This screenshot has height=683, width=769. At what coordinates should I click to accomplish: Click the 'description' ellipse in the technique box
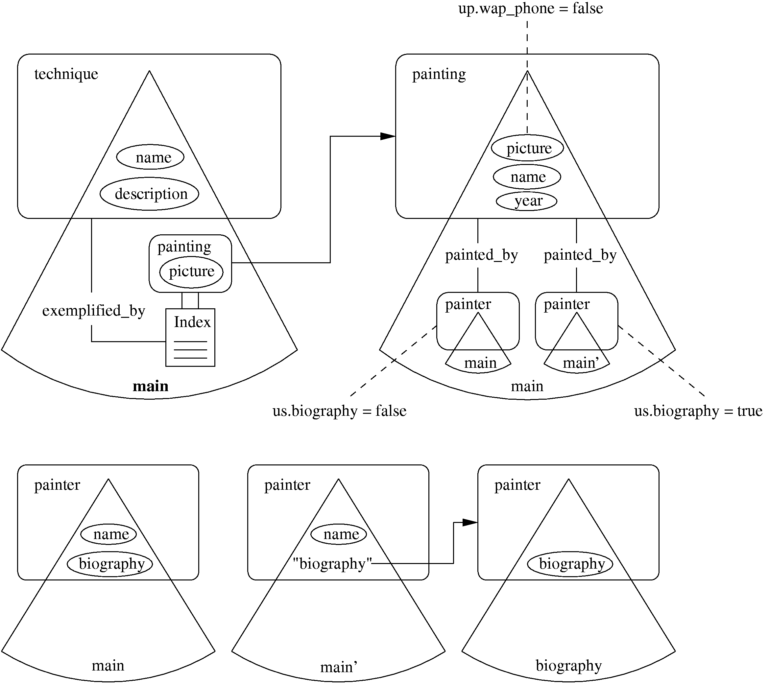click(149, 194)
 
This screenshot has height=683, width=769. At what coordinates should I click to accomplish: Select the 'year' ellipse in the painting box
click(527, 201)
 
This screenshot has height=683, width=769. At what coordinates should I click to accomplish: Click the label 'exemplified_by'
click(94, 311)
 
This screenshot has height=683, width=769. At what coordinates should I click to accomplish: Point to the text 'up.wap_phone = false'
click(530, 8)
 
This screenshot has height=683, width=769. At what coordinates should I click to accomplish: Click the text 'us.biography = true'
click(698, 411)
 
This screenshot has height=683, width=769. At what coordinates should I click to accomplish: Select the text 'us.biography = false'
click(339, 411)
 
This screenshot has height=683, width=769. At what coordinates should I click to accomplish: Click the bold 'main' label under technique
click(151, 386)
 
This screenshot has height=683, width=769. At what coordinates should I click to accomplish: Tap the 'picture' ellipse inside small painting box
click(191, 271)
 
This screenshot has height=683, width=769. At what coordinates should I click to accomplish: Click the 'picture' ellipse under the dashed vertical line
click(527, 148)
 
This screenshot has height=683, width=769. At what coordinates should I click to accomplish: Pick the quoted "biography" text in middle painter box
click(332, 564)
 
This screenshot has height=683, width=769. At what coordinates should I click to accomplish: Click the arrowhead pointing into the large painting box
click(388, 136)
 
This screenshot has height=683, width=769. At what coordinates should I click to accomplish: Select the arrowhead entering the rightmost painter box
click(470, 522)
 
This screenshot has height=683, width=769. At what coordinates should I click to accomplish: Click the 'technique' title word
click(66, 74)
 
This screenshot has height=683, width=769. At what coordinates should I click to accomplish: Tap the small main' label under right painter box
click(581, 363)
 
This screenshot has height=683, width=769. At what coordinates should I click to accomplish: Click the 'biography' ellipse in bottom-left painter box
click(110, 564)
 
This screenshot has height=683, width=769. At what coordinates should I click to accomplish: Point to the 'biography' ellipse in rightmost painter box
click(570, 564)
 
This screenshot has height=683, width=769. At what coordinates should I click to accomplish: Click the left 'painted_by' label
click(481, 255)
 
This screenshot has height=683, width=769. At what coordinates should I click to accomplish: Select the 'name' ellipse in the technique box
click(150, 157)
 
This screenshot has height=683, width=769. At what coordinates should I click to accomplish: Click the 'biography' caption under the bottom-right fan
click(568, 665)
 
